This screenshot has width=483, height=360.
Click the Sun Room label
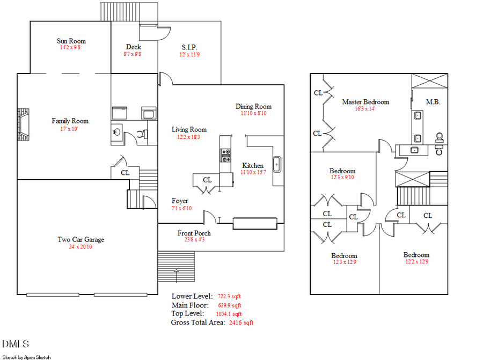[x=71, y=41]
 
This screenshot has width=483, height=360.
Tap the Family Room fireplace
[x=23, y=124]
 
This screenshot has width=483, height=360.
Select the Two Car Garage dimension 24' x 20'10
[x=81, y=247]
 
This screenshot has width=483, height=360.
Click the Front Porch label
[x=194, y=233]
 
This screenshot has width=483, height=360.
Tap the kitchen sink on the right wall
[x=277, y=164]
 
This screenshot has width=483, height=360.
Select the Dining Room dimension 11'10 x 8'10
[x=253, y=113]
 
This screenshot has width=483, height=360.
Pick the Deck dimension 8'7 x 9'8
[x=134, y=54]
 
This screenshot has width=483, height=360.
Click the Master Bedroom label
[x=365, y=101]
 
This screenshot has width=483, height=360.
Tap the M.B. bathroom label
[x=433, y=101]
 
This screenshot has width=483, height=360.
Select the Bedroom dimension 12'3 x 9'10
[x=342, y=178]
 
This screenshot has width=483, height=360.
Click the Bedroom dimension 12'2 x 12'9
[x=416, y=262]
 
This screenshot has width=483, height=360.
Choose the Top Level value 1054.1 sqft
[x=229, y=314]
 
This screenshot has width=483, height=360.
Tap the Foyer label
[x=180, y=201]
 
